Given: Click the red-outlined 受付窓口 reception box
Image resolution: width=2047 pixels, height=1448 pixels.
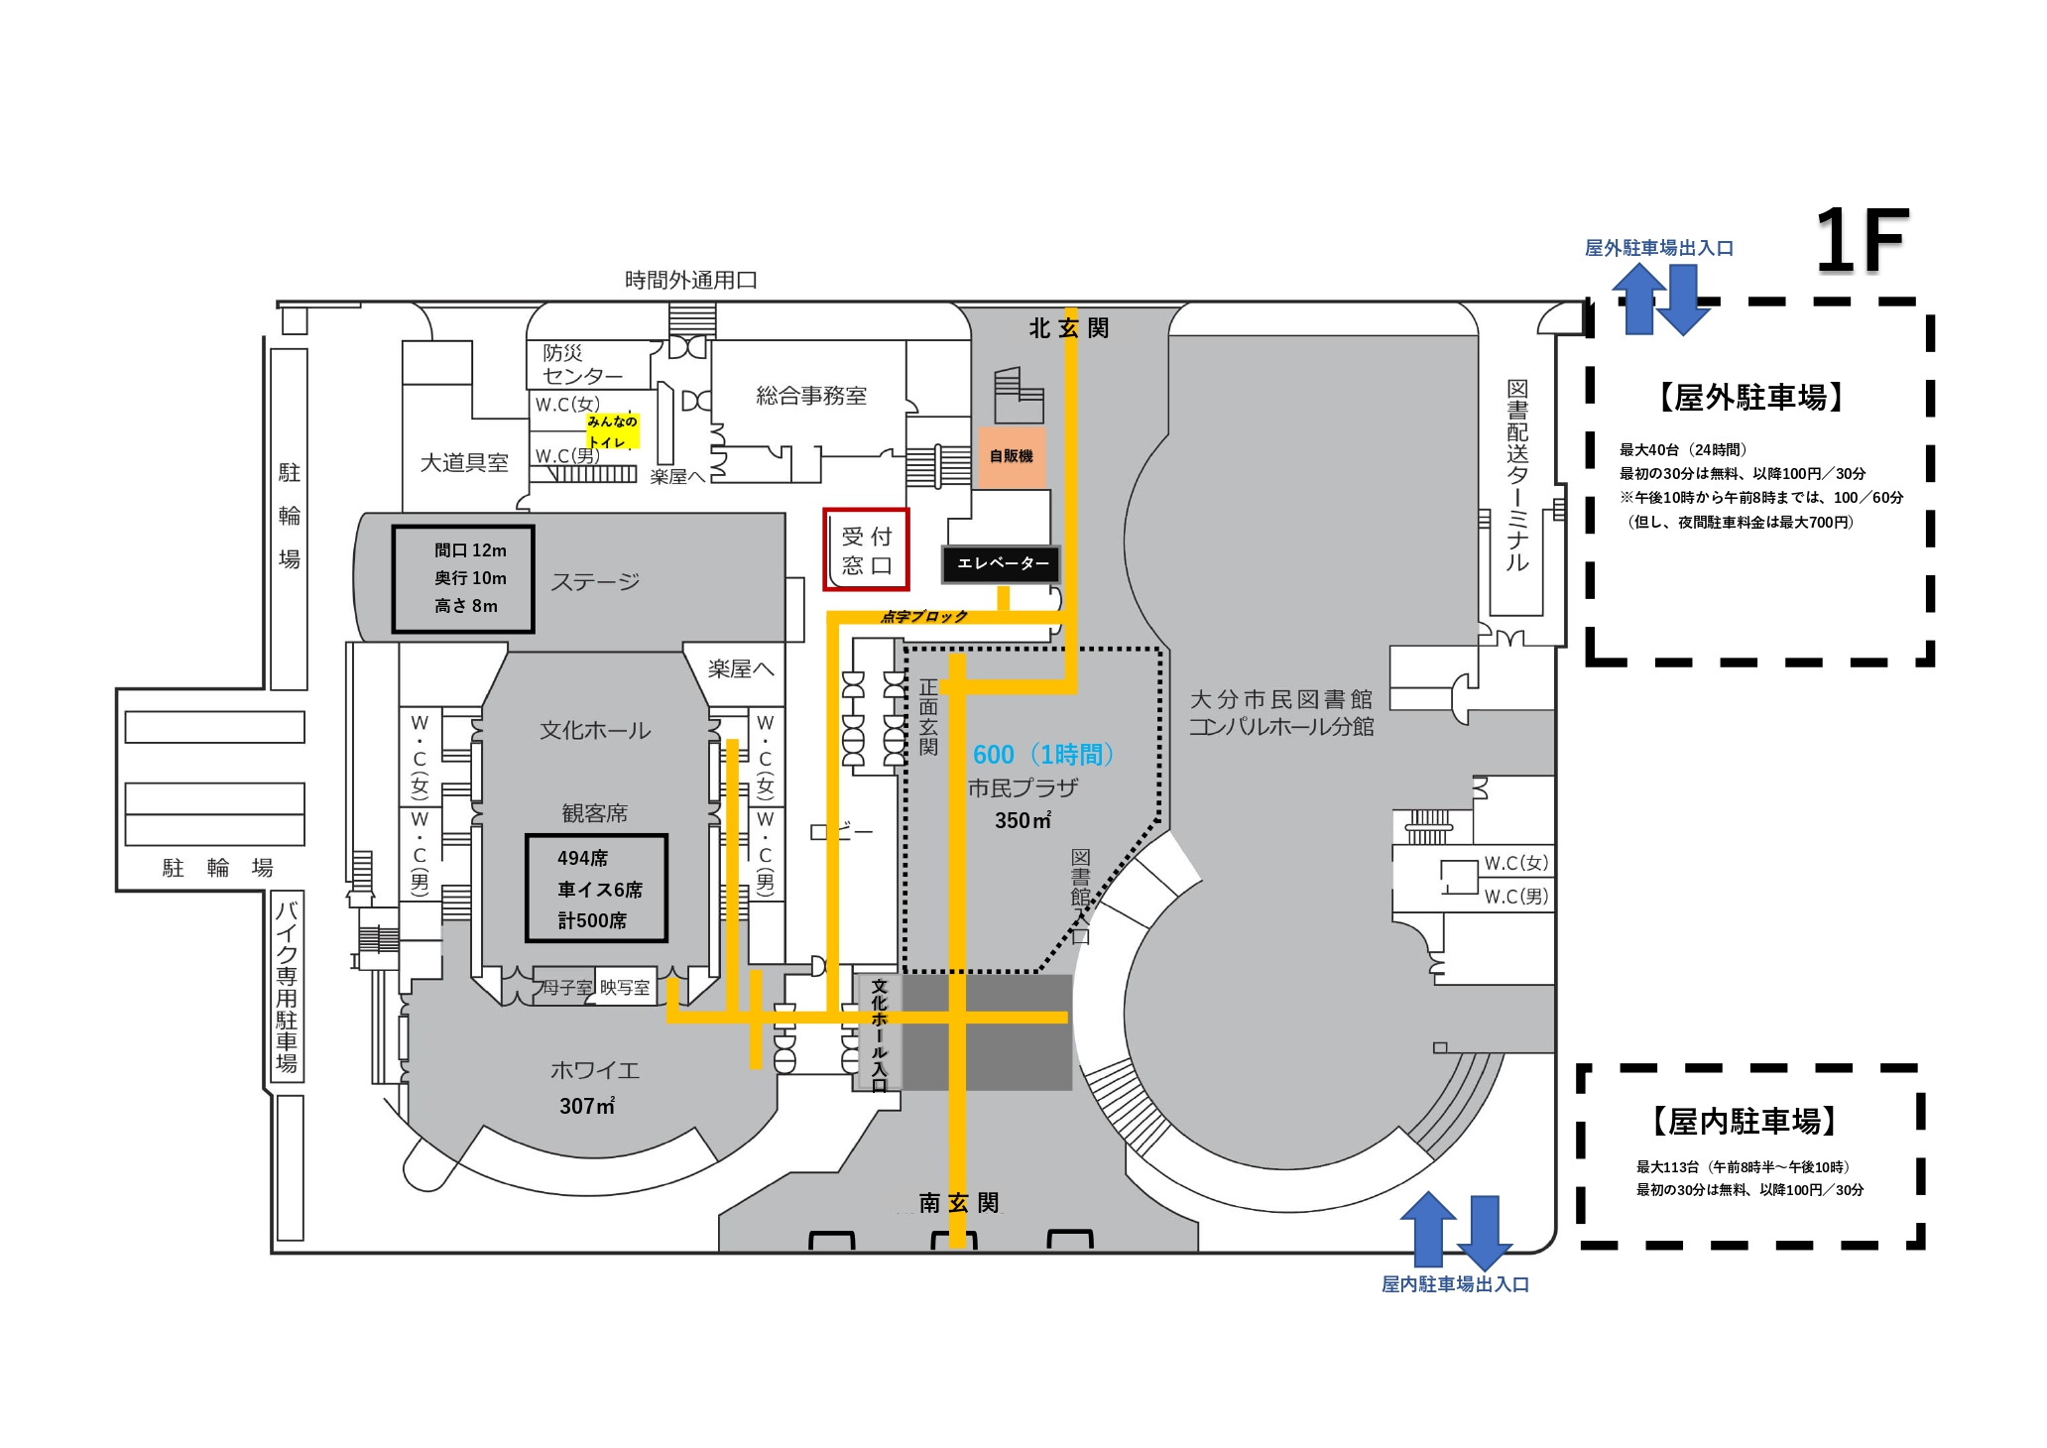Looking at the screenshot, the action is (x=866, y=549).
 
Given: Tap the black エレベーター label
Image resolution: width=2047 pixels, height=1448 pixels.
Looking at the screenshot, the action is (x=1001, y=563).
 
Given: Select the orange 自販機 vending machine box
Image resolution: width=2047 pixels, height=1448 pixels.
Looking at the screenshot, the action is (x=1012, y=456).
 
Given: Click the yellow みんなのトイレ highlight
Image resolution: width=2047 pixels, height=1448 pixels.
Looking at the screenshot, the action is (x=612, y=431).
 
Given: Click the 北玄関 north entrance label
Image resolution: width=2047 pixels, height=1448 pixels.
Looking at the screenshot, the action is (x=1069, y=328).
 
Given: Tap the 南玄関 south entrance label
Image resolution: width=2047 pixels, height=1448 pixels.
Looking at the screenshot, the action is (x=959, y=1203).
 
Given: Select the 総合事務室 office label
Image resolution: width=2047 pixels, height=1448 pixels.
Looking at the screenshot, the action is (x=811, y=396).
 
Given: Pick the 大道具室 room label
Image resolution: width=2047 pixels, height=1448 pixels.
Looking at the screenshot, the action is (x=464, y=463).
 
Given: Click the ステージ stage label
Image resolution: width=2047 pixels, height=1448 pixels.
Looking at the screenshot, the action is (x=595, y=581).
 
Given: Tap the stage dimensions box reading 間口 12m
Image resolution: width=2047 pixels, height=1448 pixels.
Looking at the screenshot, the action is (x=463, y=579).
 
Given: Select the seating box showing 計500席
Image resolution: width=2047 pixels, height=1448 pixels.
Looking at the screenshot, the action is (x=596, y=889).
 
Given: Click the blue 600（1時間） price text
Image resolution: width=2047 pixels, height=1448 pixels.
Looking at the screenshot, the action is (x=1043, y=755).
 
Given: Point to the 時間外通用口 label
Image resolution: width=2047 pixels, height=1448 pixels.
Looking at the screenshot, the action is (x=691, y=281).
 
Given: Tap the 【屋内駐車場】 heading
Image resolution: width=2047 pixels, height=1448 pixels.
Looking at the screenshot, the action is (x=1745, y=1122).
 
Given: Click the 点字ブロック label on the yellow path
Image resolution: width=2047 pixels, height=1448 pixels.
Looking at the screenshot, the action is (x=924, y=617).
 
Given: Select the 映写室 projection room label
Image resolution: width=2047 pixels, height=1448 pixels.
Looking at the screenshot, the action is (x=625, y=988).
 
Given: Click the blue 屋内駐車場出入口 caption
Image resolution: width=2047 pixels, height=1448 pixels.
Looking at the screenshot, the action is (x=1455, y=1284).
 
